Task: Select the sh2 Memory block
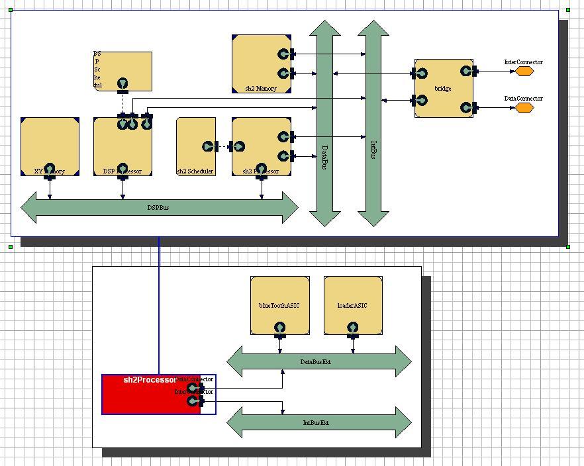pyautogui.click(x=255, y=63)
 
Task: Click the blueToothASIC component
pyautogui.click(x=279, y=301)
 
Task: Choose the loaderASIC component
pyautogui.click(x=352, y=301)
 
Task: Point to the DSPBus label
pyautogui.click(x=158, y=208)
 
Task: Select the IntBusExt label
pyautogui.click(x=316, y=422)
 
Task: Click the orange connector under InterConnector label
pyautogui.click(x=525, y=71)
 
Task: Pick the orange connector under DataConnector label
pyautogui.click(x=525, y=107)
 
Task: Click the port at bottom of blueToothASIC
pyautogui.click(x=279, y=328)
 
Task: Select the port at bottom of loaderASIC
pyautogui.click(x=352, y=328)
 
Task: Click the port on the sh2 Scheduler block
pyautogui.click(x=209, y=146)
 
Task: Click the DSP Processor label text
pyautogui.click(x=122, y=172)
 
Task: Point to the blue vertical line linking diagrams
pyautogui.click(x=159, y=304)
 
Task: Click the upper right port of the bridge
pyautogui.click(x=466, y=71)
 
